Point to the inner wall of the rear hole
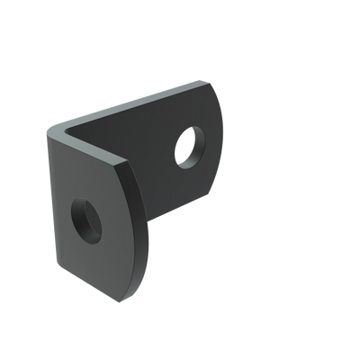(x=186, y=140)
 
